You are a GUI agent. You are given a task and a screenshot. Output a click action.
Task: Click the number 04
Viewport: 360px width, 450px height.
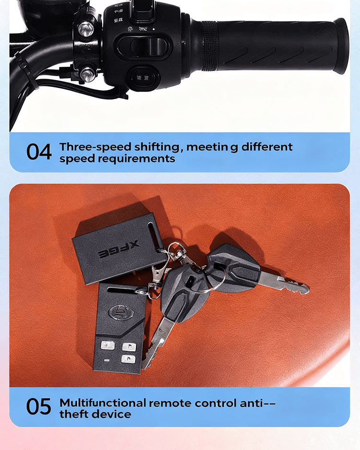click(x=39, y=152)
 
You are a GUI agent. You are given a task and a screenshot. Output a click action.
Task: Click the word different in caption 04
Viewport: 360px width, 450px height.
click(x=266, y=147)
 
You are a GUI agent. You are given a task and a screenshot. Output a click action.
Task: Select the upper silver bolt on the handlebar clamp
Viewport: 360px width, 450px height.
click(x=86, y=30)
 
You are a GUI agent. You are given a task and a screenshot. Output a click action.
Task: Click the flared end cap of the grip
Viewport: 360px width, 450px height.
click(x=340, y=46)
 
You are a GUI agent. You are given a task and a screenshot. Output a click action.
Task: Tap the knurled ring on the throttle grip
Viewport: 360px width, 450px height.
click(x=209, y=46)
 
